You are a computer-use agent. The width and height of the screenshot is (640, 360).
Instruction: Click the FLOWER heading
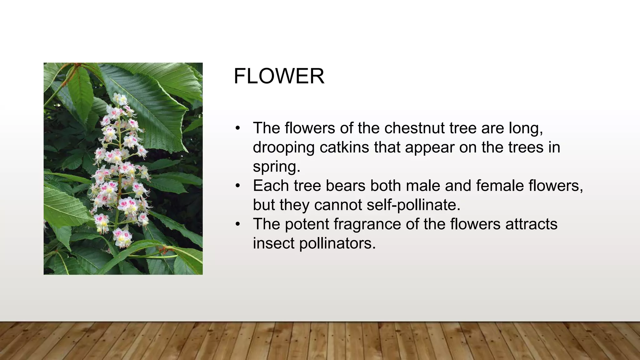[279, 76]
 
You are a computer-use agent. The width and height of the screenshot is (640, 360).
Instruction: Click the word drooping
[283, 148]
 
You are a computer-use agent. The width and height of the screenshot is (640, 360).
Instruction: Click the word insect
[273, 243]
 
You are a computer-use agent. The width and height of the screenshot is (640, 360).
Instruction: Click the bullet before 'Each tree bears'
[238, 186]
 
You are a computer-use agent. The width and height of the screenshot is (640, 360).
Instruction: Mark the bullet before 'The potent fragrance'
[238, 224]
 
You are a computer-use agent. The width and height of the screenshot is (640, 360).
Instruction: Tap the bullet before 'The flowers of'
[238, 128]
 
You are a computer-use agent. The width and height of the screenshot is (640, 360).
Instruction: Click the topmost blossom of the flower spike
[120, 99]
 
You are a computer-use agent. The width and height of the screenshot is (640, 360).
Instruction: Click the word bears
[345, 186]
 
